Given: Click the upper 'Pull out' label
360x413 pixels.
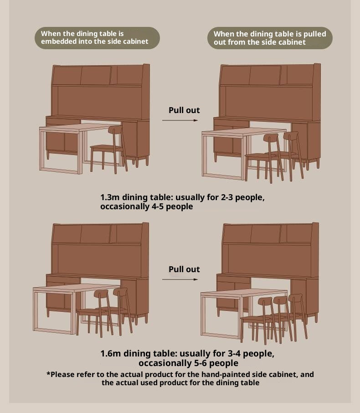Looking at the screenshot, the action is [x=184, y=110].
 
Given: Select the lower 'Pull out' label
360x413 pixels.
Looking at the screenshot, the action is [x=184, y=269].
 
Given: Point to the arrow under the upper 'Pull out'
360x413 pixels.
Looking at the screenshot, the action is [x=180, y=120].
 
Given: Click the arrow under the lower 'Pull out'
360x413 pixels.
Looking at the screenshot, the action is [x=180, y=279].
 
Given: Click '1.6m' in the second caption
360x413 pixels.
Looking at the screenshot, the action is [x=110, y=353].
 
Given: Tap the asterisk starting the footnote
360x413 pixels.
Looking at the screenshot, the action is [x=48, y=373].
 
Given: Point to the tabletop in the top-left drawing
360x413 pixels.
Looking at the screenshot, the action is [x=79, y=127].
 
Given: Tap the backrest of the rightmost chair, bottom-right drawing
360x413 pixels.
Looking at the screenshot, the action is [x=295, y=298].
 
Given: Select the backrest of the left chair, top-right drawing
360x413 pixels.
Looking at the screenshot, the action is [x=271, y=138].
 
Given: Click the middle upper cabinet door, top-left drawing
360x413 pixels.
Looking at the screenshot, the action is [x=96, y=75].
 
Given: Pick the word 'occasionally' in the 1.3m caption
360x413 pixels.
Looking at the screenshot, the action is [x=124, y=207].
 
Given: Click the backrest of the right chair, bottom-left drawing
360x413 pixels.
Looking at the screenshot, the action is [x=120, y=292].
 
